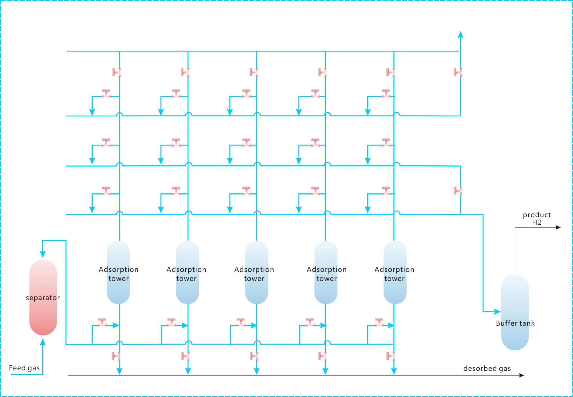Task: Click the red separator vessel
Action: pyautogui.click(x=43, y=297)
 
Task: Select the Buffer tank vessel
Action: pyautogui.click(x=515, y=312)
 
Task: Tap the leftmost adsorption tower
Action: pyautogui.click(x=118, y=272)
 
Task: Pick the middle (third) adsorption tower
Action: pyautogui.click(x=257, y=272)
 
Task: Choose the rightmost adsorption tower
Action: pyautogui.click(x=395, y=272)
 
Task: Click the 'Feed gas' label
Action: pyautogui.click(x=25, y=368)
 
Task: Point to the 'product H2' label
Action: pyautogui.click(x=537, y=219)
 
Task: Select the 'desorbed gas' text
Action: pyautogui.click(x=487, y=368)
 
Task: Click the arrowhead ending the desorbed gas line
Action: pyautogui.click(x=522, y=375)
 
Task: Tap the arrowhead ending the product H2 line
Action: pyautogui.click(x=558, y=227)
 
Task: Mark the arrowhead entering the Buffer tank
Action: pyautogui.click(x=498, y=311)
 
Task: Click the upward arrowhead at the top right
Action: pyautogui.click(x=461, y=35)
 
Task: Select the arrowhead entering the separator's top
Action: pyautogui.click(x=43, y=254)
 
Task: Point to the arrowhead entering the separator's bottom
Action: pyautogui.click(x=43, y=342)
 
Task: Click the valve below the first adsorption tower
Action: pyautogui.click(x=116, y=356)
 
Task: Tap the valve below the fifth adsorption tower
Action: pyautogui.click(x=391, y=356)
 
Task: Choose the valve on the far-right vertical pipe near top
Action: pyautogui.click(x=458, y=72)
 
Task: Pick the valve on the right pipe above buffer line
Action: pyautogui.click(x=458, y=191)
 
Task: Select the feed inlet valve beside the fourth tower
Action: pyautogui.click(x=310, y=322)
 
